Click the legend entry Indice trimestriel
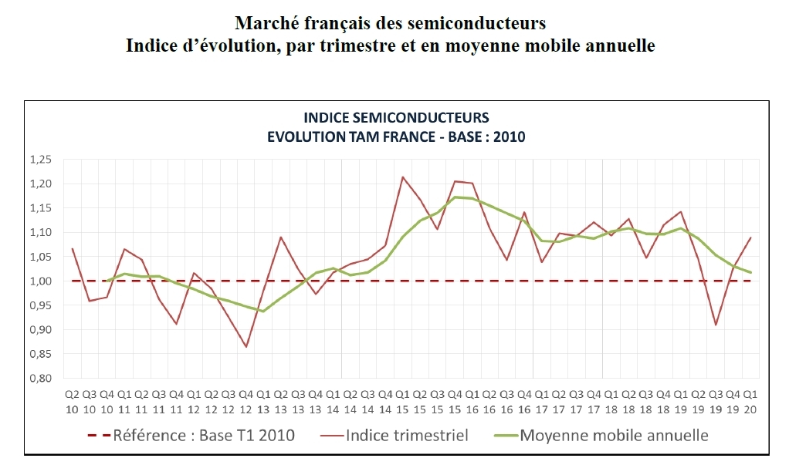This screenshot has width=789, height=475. [407, 436]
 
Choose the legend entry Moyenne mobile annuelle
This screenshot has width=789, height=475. [614, 436]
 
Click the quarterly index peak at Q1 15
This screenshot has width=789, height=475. [402, 177]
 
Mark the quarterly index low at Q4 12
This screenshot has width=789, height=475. [246, 347]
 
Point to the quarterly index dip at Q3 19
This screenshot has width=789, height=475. [716, 325]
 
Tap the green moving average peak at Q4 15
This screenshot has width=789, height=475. [455, 197]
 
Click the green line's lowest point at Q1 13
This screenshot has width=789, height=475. [263, 312]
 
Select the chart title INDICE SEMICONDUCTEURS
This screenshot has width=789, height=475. [396, 118]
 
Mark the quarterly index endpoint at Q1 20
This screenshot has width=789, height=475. [750, 237]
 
